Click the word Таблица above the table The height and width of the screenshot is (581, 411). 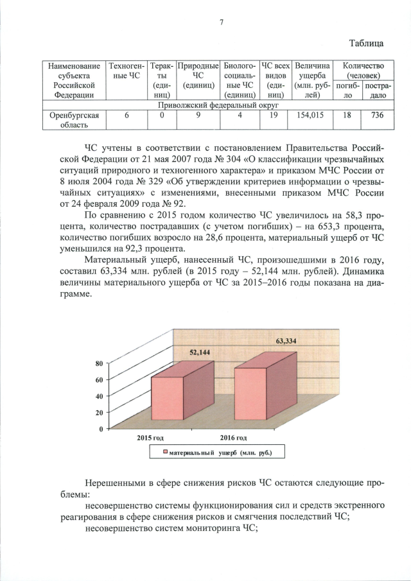[367, 43]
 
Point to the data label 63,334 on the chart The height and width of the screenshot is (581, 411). [286, 341]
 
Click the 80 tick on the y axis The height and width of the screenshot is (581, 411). [100, 363]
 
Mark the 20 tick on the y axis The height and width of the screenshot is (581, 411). [100, 412]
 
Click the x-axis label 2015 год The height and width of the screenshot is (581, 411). [152, 437]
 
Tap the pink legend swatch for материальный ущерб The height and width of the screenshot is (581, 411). [165, 453]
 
